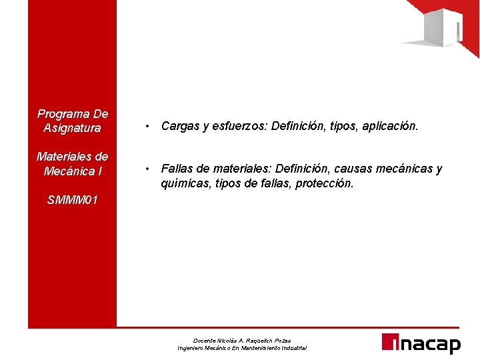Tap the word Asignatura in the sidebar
tap(72, 127)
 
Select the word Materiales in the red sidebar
tap(63, 157)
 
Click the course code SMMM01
tap(73, 199)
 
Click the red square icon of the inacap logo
tap(389, 341)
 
